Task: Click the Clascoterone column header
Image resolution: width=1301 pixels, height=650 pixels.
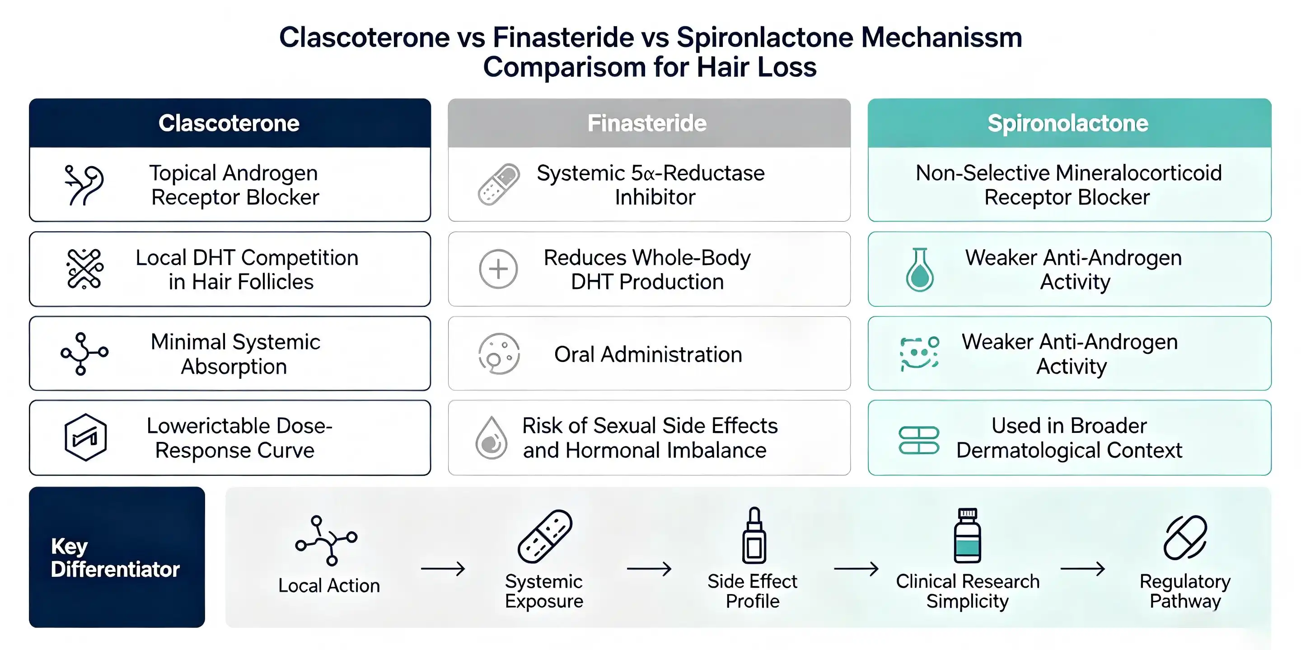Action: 230,123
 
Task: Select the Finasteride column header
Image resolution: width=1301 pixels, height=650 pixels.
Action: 649,123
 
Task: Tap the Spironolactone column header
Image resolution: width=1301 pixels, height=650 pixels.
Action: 1069,123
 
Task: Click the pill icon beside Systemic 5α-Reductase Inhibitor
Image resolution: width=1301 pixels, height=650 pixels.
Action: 499,184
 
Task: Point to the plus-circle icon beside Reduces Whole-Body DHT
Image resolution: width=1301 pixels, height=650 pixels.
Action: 498,269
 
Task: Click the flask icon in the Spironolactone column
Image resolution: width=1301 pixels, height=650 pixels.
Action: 920,269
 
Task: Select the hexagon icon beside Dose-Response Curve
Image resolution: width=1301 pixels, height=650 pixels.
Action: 85,437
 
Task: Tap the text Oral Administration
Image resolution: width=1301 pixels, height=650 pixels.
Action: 648,354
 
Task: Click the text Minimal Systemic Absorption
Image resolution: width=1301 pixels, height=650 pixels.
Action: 235,354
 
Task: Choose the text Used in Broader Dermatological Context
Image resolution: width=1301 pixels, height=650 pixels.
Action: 1069,438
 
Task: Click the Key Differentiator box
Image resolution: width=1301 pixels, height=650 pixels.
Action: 117,557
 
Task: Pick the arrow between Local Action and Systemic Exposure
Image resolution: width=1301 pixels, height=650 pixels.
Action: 443,569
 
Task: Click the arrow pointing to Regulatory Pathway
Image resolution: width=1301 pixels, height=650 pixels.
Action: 1083,569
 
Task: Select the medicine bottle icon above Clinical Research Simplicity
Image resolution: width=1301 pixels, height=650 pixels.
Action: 967,535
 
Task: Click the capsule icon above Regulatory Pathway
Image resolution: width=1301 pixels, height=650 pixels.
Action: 1185,538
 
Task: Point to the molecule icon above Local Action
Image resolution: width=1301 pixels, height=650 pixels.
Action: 326,540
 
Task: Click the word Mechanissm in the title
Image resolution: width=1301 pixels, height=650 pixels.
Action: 941,37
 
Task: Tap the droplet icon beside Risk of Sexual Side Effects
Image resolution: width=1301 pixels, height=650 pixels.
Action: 491,437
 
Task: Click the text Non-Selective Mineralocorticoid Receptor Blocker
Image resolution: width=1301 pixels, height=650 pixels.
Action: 1069,185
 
